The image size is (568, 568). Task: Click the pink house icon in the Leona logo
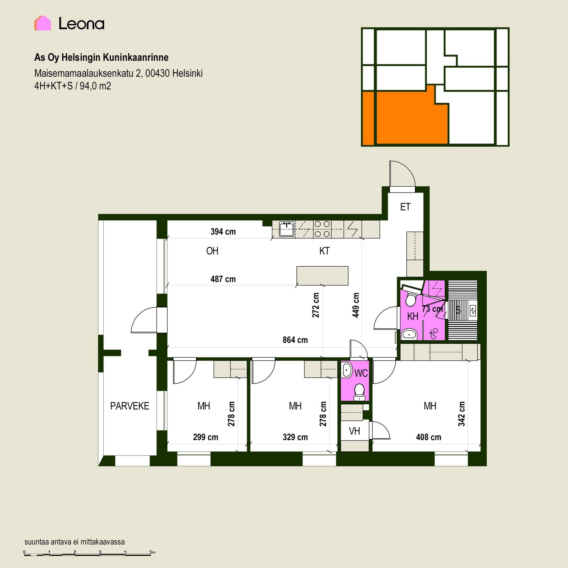[x=43, y=23]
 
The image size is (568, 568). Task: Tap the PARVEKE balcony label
[x=130, y=406]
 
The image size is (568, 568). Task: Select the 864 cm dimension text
[x=295, y=340]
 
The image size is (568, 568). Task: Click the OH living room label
[x=212, y=251]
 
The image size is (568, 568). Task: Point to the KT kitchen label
[x=324, y=251]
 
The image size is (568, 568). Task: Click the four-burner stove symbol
[x=322, y=229]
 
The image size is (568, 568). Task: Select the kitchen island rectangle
[x=322, y=276]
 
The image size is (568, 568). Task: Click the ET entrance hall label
[x=405, y=207]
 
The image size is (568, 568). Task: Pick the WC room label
[x=361, y=373]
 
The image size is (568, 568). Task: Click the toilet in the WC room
[x=359, y=391]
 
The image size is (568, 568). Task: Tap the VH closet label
[x=354, y=431]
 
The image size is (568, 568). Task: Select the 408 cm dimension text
[x=428, y=437]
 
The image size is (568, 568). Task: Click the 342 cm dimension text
[x=461, y=414]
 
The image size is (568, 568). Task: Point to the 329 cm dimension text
[x=295, y=437]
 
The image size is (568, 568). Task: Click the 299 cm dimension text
[x=205, y=437]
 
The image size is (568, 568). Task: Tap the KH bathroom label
[x=413, y=316]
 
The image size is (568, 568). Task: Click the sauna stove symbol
[x=472, y=311]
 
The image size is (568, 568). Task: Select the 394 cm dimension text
[x=223, y=232]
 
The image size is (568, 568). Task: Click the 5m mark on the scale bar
[x=152, y=552]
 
